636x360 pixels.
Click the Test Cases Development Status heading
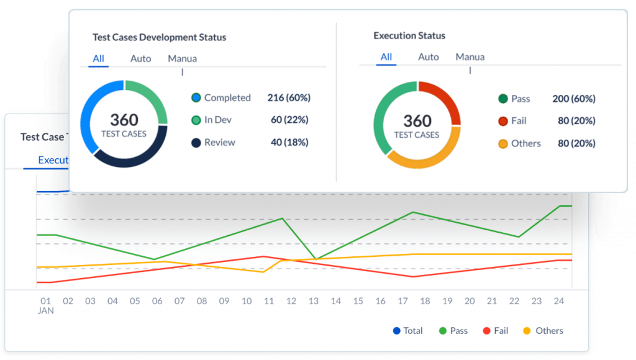point(159,37)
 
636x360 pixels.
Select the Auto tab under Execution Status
point(428,57)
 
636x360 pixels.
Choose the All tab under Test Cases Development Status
point(98,58)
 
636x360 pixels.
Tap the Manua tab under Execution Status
point(470,57)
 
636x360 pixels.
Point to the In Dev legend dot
point(196,120)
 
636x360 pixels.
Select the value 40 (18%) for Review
point(289,143)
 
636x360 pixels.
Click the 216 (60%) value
point(289,97)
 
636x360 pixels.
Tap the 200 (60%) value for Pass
point(573,99)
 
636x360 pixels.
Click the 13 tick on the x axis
point(314,301)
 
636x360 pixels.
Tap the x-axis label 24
point(559,301)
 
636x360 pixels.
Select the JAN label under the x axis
point(45,310)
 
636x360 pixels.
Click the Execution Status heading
point(409,36)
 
